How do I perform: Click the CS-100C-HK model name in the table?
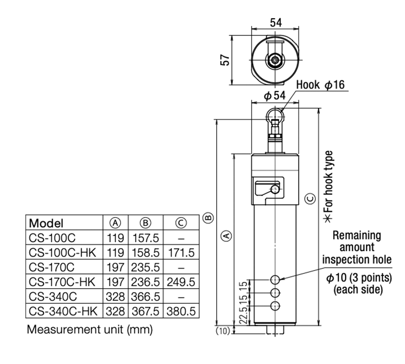pyautogui.click(x=62, y=251)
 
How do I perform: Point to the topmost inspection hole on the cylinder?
pyautogui.click(x=275, y=279)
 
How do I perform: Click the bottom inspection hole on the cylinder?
pyautogui.click(x=275, y=305)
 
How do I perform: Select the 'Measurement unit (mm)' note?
pyautogui.click(x=90, y=330)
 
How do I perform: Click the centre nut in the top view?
pyautogui.click(x=275, y=60)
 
